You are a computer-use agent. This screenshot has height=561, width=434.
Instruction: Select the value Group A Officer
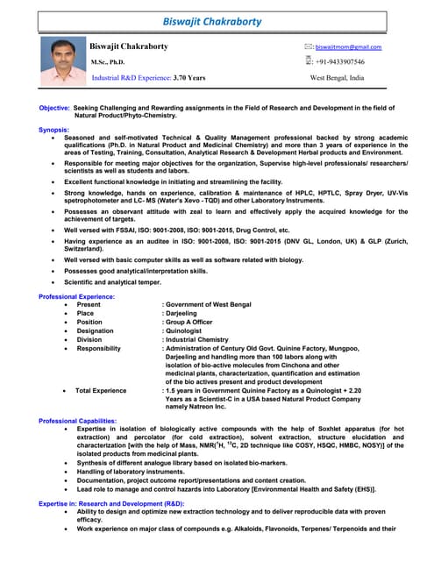(194, 323)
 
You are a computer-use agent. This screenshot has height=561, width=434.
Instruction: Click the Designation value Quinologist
(187, 331)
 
